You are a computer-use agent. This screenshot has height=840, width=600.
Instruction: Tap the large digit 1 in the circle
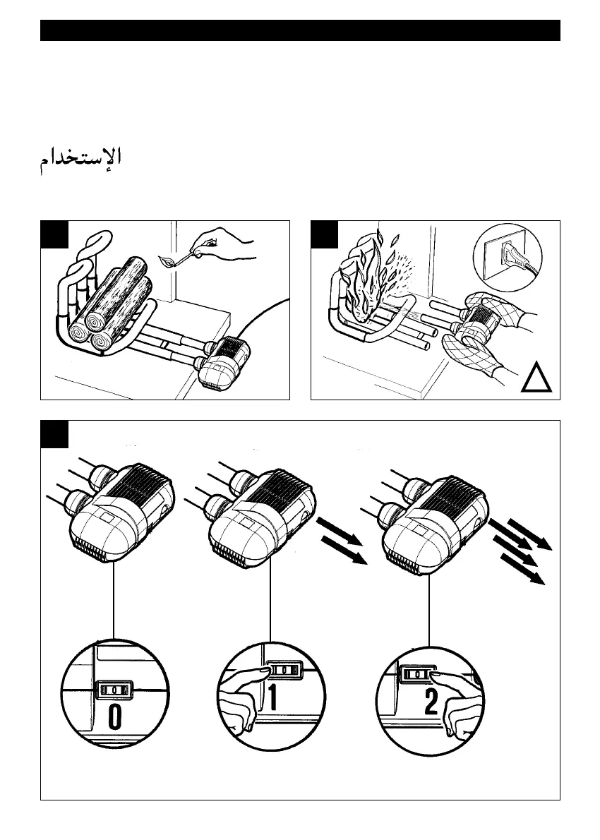(272, 700)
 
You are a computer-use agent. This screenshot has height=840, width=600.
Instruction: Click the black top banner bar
(300, 30)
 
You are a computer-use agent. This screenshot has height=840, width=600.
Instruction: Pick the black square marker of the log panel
(54, 234)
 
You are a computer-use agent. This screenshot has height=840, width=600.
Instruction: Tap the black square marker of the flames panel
(325, 234)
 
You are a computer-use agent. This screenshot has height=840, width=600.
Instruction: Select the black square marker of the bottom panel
(54, 434)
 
